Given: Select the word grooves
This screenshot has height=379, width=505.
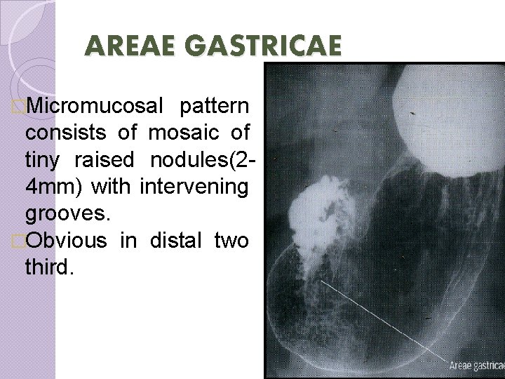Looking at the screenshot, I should tap(65, 214).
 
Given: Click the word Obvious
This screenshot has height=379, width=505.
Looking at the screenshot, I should tap(67, 240).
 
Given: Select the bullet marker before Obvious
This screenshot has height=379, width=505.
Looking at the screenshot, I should tap(18, 241).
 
